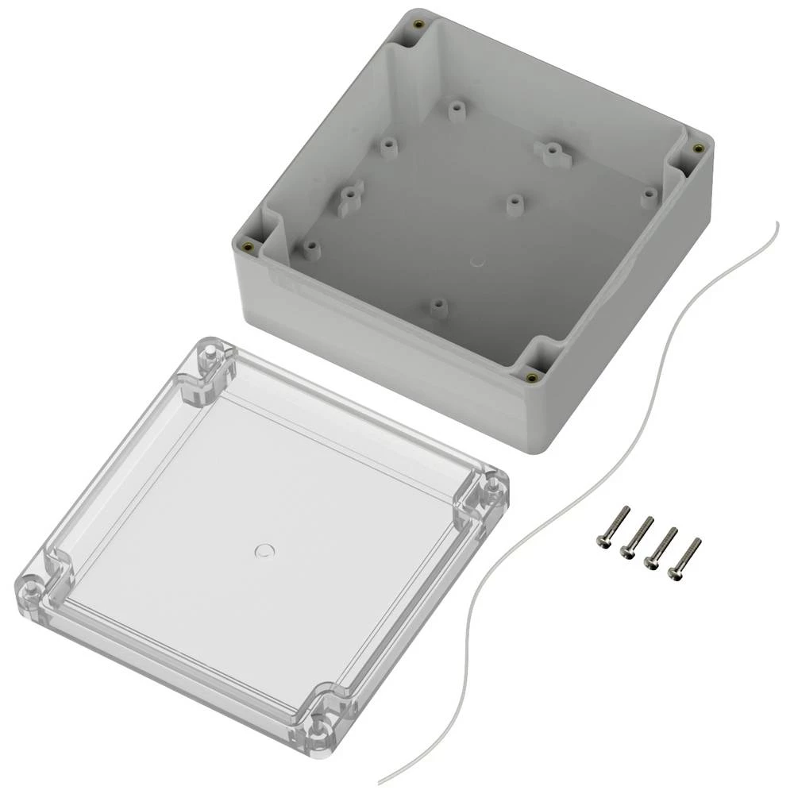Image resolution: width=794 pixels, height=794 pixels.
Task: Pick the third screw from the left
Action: click(x=661, y=544)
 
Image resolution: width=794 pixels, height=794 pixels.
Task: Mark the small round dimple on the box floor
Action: click(x=477, y=260)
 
